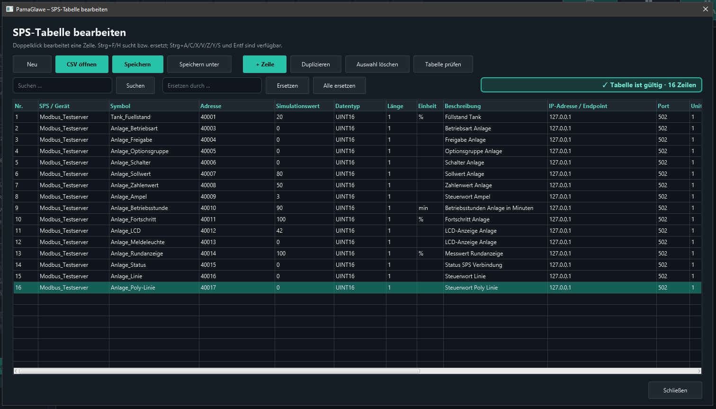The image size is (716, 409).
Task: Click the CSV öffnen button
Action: pyautogui.click(x=81, y=64)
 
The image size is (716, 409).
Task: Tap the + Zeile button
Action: pyautogui.click(x=265, y=64)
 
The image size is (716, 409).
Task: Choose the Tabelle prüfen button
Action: pyautogui.click(x=443, y=64)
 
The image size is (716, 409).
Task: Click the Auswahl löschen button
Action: pyautogui.click(x=377, y=64)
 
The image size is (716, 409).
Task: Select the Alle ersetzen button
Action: pyautogui.click(x=339, y=86)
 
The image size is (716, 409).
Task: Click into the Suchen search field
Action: pyautogui.click(x=63, y=86)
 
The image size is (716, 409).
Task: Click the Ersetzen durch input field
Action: pyautogui.click(x=212, y=86)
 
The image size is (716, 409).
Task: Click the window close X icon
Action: pyautogui.click(x=706, y=9)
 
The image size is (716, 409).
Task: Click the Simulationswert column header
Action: pyautogui.click(x=297, y=106)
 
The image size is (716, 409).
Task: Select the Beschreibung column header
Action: pyautogui.click(x=463, y=106)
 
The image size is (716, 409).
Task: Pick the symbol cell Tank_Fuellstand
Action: pyautogui.click(x=130, y=117)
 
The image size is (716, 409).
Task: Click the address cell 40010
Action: pyautogui.click(x=208, y=208)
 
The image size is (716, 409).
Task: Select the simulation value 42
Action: pyautogui.click(x=279, y=230)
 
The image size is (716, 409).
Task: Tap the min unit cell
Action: pyautogui.click(x=423, y=208)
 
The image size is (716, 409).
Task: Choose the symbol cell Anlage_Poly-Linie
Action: pyautogui.click(x=133, y=288)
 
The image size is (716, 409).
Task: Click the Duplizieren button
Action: pyautogui.click(x=315, y=64)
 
